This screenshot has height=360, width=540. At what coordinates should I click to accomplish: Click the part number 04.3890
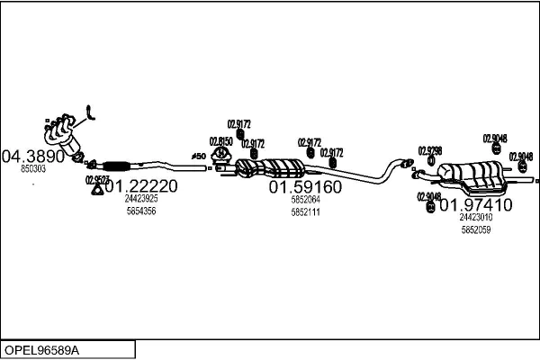(34, 156)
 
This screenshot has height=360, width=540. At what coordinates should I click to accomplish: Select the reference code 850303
(33, 168)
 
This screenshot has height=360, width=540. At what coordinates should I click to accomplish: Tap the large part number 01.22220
(141, 186)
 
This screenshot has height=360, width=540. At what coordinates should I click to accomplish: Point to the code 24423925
(141, 199)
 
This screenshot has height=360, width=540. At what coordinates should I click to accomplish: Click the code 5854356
(141, 211)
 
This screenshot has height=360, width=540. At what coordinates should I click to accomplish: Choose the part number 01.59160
(305, 187)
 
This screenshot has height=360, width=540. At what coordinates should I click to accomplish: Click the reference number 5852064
(305, 200)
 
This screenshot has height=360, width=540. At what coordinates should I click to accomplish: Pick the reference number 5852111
(305, 211)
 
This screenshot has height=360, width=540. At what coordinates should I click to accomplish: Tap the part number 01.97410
(474, 204)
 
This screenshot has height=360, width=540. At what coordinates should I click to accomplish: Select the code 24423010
(475, 217)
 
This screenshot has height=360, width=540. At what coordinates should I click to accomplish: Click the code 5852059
(475, 229)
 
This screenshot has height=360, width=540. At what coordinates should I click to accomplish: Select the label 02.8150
(220, 141)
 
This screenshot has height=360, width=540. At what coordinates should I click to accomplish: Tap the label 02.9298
(430, 149)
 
